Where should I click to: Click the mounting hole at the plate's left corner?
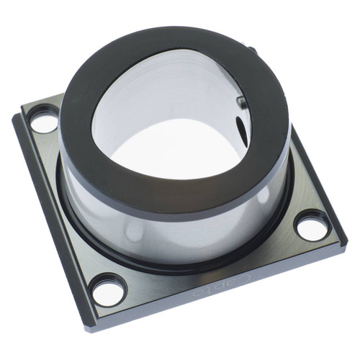point(44,121)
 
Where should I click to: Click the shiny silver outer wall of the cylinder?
point(144,230)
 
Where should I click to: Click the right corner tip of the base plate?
point(346,241)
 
